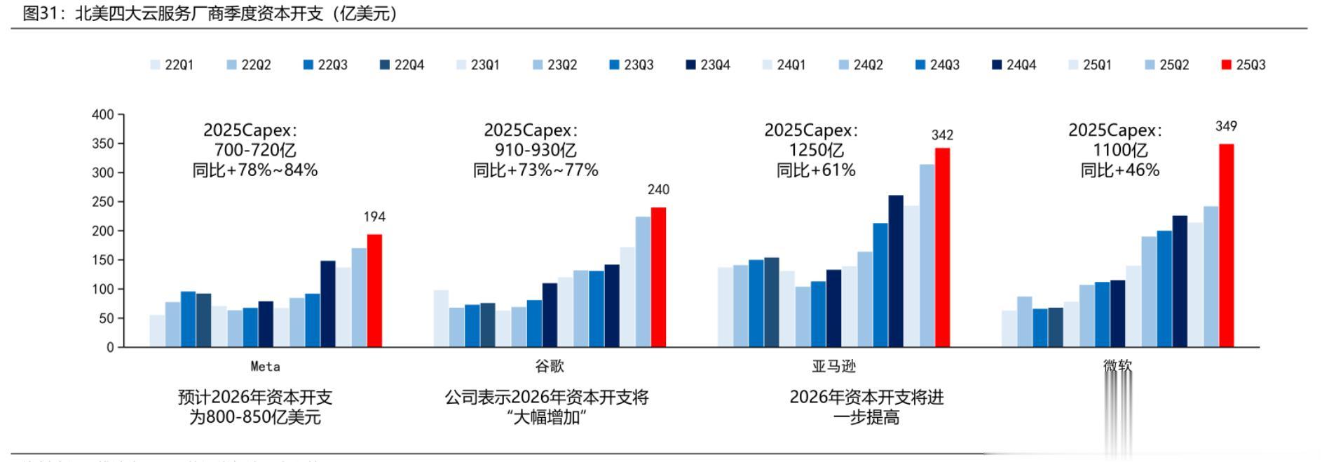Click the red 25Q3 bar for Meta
coord(374,290)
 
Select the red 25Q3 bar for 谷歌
coord(658,277)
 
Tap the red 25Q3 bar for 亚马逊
coord(942,247)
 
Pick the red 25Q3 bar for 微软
coord(1226,245)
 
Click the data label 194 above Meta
coord(374,217)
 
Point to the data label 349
coord(1226,126)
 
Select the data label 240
coord(658,189)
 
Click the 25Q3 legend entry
coord(1243,64)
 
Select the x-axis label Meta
coord(265,366)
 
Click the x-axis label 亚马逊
coord(833,366)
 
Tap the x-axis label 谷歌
coord(549,366)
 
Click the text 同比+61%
coord(816,170)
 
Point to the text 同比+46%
coord(1120,170)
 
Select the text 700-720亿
coord(255,150)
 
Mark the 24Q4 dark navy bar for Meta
coord(327,304)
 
